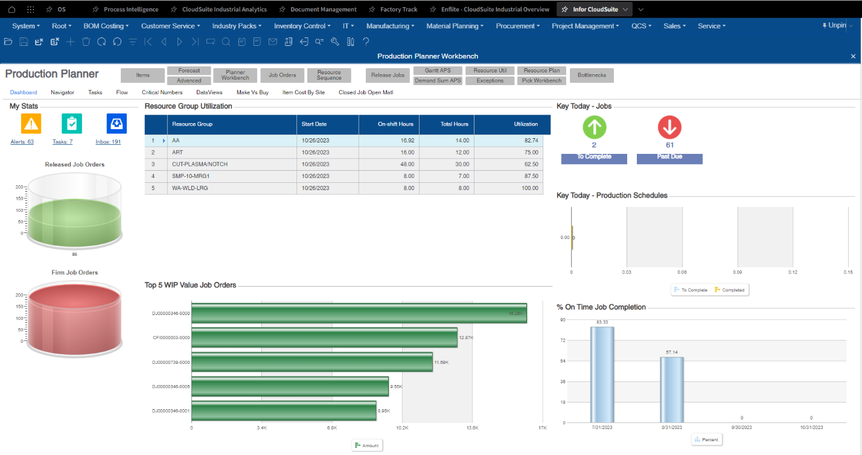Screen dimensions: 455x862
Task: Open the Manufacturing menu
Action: [x=390, y=26]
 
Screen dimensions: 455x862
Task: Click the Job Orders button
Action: [x=283, y=75]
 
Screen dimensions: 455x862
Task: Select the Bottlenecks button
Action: [x=592, y=75]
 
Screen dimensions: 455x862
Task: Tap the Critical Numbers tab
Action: [x=162, y=92]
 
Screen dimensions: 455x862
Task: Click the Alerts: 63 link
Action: [x=22, y=142]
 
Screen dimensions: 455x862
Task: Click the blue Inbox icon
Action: [x=117, y=124]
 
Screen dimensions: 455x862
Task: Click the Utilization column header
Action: [x=525, y=124]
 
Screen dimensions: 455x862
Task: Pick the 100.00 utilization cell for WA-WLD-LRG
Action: [x=526, y=188]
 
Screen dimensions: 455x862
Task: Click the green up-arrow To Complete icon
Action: [x=594, y=127]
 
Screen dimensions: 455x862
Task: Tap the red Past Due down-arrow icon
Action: [x=669, y=127]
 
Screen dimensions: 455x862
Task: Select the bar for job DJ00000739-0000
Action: [x=312, y=362]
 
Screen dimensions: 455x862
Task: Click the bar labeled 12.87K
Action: [x=324, y=338]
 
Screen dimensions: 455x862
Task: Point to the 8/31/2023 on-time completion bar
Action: [x=671, y=389]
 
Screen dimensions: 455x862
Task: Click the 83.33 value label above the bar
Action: [x=602, y=322]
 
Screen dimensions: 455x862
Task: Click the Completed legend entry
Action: [x=730, y=290]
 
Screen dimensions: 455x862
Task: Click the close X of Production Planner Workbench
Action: [x=853, y=56]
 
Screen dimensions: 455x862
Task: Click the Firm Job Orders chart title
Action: [x=75, y=273]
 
